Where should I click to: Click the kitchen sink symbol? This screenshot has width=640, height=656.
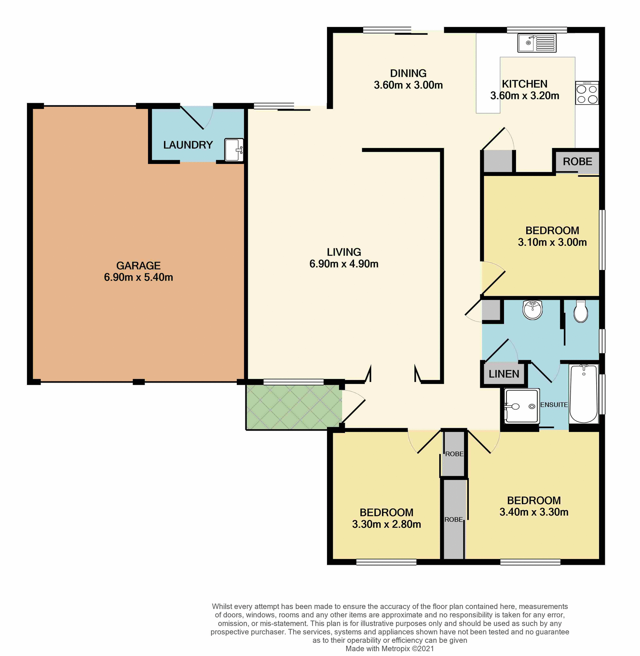click(x=536, y=43)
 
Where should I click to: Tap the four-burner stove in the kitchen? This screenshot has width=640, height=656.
click(x=587, y=93)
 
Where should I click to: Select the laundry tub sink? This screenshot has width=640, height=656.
click(x=234, y=150)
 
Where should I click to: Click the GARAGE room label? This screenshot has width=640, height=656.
click(x=138, y=265)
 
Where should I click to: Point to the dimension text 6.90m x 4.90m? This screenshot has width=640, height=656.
click(x=344, y=264)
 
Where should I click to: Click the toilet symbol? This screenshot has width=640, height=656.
click(x=581, y=311)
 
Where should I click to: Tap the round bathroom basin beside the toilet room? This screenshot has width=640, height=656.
click(x=532, y=310)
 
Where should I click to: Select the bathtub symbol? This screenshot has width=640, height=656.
click(x=583, y=394)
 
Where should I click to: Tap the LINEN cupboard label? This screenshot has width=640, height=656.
click(x=504, y=374)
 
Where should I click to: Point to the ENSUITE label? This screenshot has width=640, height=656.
click(x=554, y=405)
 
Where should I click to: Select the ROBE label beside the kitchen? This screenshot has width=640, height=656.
click(x=577, y=162)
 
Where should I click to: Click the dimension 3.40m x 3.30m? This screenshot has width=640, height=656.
click(x=534, y=512)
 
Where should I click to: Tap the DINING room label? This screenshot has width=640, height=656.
click(x=408, y=73)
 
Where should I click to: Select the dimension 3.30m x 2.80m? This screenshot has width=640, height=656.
click(x=386, y=524)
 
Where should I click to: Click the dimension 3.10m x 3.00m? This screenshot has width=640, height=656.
click(x=552, y=242)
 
